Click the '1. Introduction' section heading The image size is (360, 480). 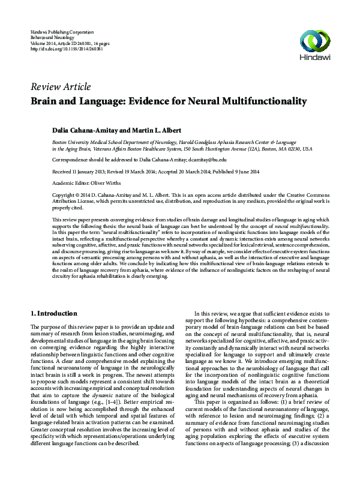point(58,313)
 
